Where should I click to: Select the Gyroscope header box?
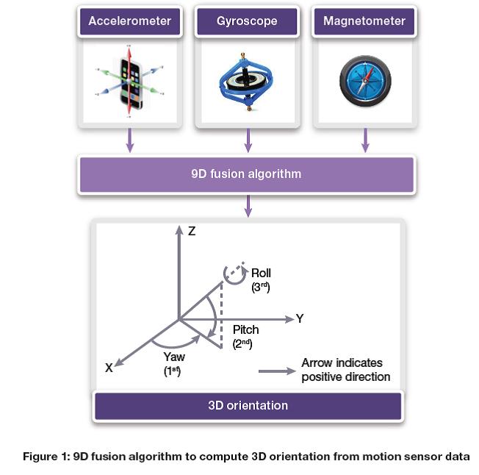click(x=247, y=21)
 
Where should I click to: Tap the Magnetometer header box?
click(x=364, y=21)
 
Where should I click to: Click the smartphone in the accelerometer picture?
click(x=131, y=82)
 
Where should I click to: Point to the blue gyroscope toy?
click(x=247, y=81)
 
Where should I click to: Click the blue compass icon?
click(x=365, y=82)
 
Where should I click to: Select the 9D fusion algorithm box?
click(x=247, y=175)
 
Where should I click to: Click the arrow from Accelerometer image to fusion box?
click(x=130, y=140)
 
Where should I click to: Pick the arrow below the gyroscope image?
click(x=248, y=140)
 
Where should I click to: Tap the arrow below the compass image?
click(x=365, y=140)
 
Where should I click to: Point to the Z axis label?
click(x=192, y=231)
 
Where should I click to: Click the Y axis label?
click(x=300, y=319)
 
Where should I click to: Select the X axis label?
click(x=109, y=368)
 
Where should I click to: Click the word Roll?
click(x=261, y=274)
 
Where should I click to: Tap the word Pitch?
click(x=245, y=329)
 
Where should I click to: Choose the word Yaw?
click(x=173, y=357)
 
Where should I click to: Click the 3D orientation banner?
click(x=248, y=405)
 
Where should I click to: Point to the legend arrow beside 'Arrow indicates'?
click(x=276, y=371)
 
